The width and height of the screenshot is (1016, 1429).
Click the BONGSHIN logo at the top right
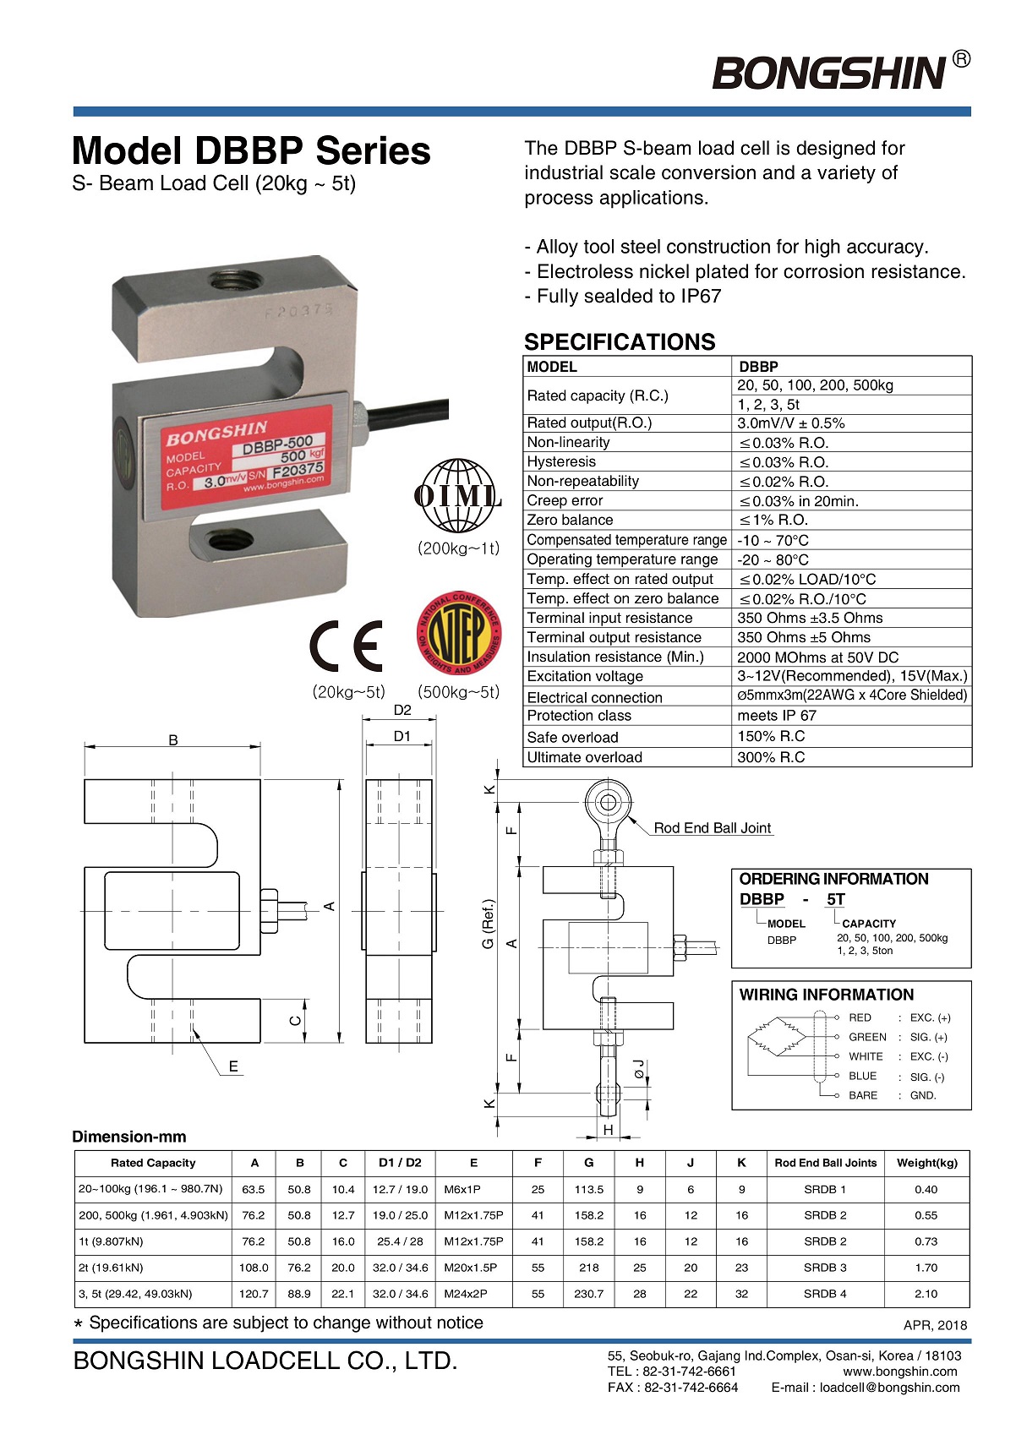(x=830, y=73)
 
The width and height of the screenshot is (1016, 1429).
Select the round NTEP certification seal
(x=459, y=633)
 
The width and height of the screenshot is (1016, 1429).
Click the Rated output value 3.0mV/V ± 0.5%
(x=791, y=423)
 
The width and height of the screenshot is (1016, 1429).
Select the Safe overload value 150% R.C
(x=771, y=737)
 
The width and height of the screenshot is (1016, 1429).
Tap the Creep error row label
(x=565, y=500)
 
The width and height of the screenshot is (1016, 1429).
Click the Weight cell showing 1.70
(x=926, y=1268)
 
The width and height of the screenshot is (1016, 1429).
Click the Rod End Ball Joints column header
(x=825, y=1163)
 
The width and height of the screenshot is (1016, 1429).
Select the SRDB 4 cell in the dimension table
(x=825, y=1294)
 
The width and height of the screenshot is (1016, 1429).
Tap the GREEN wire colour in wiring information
(x=867, y=1037)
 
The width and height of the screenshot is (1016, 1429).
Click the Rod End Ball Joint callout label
(x=712, y=828)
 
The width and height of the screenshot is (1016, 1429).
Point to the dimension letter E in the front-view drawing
(x=233, y=1066)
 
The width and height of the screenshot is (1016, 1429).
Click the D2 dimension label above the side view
(x=402, y=711)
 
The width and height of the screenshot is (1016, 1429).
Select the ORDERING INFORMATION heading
(x=833, y=879)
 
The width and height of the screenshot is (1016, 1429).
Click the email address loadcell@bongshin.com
(x=890, y=1388)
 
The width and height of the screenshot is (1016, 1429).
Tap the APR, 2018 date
(x=935, y=1325)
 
